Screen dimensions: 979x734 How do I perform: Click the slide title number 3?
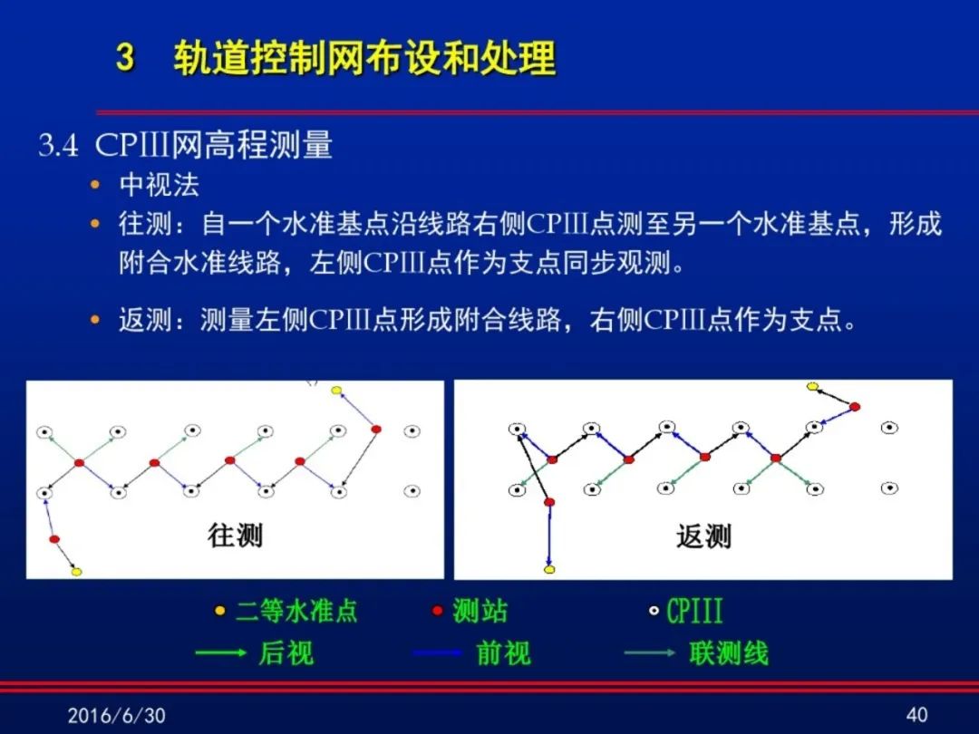[125, 57]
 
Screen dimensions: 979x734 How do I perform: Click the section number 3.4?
[58, 145]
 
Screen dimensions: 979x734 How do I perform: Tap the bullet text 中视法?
[160, 185]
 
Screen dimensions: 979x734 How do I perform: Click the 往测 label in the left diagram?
[236, 536]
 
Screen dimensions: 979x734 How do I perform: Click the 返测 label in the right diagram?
[703, 536]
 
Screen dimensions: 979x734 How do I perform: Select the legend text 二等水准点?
[296, 611]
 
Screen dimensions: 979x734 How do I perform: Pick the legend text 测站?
[480, 611]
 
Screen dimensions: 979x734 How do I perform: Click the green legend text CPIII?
[694, 611]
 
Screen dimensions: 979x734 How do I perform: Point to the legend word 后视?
[286, 652]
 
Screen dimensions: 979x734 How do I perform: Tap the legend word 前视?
[503, 652]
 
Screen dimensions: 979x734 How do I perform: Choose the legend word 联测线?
[729, 652]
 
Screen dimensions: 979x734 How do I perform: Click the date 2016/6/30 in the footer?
[117, 715]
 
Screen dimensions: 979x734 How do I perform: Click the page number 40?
[916, 715]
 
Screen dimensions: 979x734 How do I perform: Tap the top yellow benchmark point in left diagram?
[336, 391]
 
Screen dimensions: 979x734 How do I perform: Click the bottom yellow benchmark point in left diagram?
[76, 571]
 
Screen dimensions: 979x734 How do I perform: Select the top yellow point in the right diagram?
[812, 386]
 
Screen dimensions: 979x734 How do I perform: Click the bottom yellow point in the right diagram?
[549, 569]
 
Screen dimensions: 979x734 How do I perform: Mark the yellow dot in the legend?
[219, 611]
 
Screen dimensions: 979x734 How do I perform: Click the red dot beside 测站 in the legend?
[438, 611]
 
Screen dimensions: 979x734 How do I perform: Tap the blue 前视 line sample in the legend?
[438, 653]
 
